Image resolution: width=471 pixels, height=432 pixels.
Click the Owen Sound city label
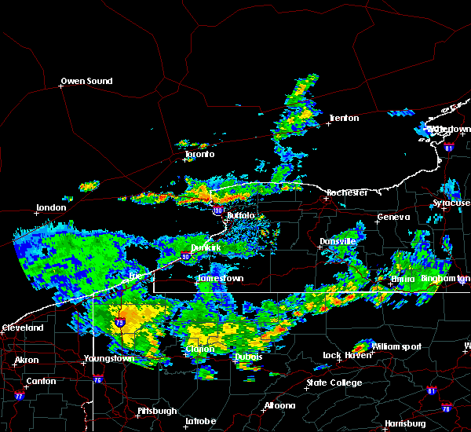(87, 81)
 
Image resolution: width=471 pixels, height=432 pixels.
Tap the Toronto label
(199, 155)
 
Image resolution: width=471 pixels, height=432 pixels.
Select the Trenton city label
(344, 119)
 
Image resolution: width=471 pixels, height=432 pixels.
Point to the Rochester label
(347, 192)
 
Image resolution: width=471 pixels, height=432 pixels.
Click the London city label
(51, 209)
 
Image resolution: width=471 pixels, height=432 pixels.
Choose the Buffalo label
(241, 215)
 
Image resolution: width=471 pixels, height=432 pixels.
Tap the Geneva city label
(393, 218)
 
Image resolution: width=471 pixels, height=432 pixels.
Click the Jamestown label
(221, 279)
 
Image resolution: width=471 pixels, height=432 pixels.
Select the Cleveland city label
(22, 328)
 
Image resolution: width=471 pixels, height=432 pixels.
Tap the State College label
(334, 383)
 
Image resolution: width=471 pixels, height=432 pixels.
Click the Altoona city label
(279, 406)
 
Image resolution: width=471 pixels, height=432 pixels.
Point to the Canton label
(41, 382)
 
